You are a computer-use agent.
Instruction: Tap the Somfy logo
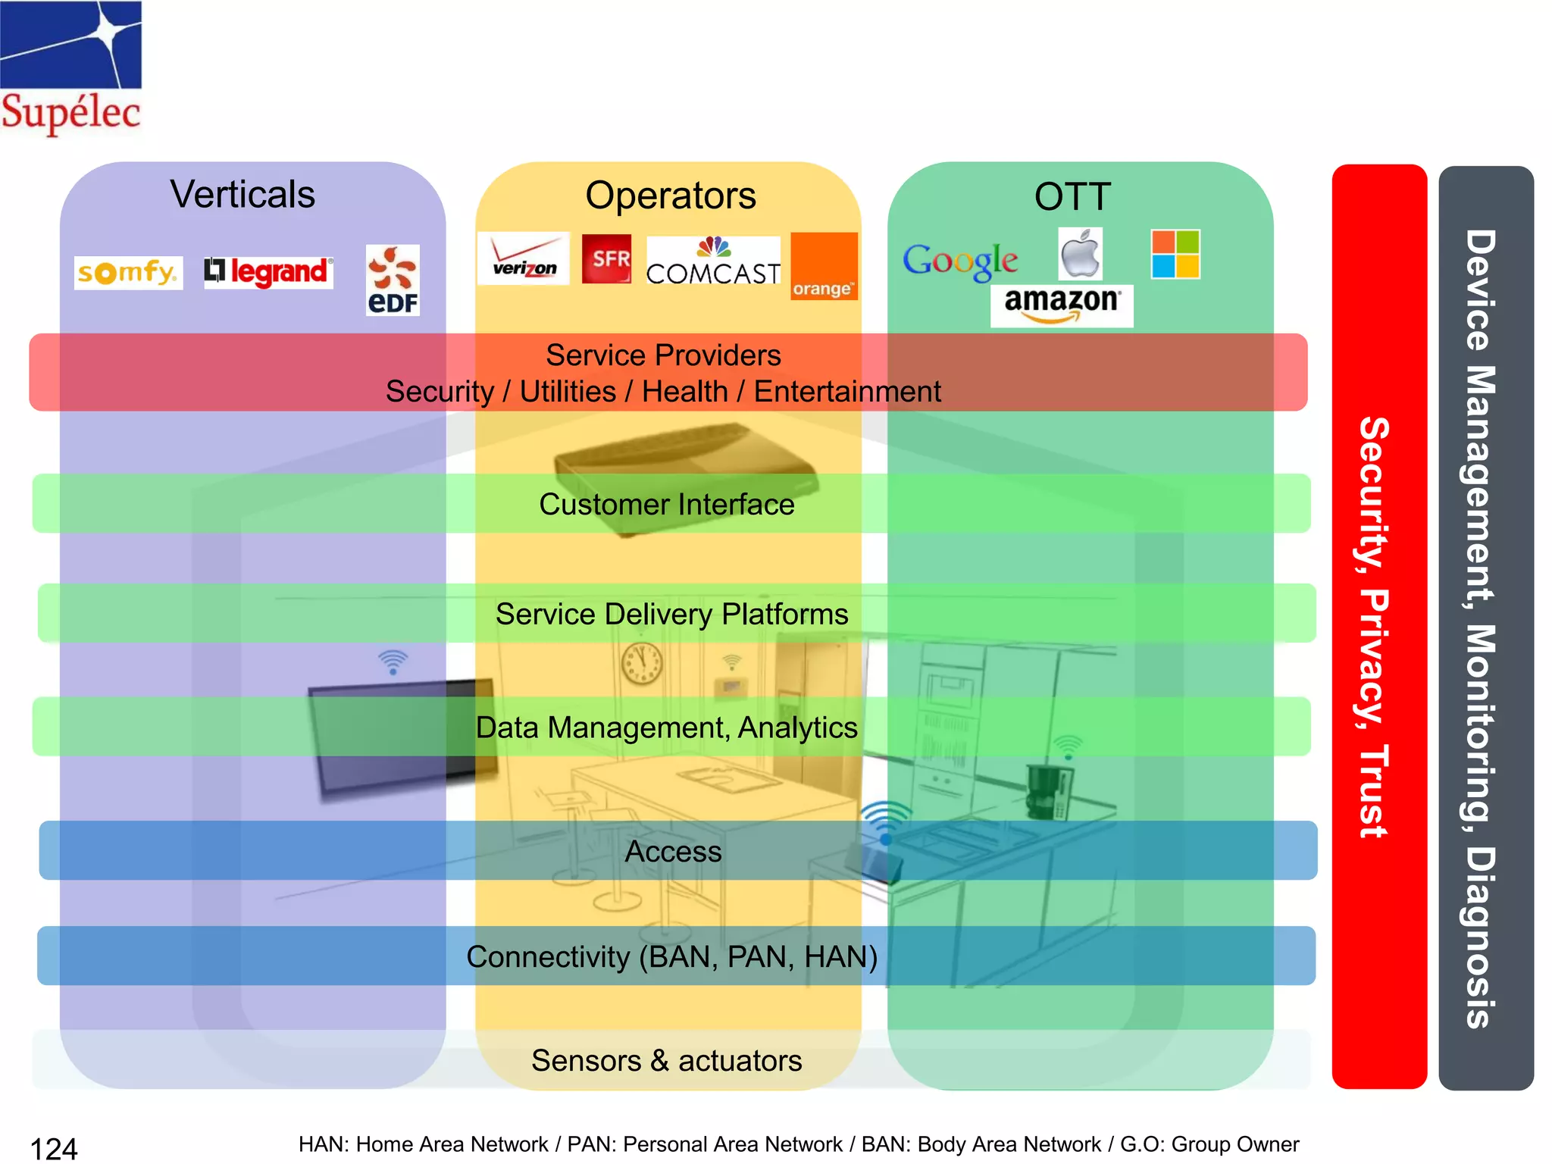(128, 272)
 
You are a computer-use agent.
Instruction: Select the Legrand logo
(268, 272)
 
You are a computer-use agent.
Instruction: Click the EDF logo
(393, 280)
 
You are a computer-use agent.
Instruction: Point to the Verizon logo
(524, 258)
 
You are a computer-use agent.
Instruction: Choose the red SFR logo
(606, 259)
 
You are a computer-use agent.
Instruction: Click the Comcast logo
(713, 261)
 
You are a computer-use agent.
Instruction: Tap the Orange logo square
(824, 266)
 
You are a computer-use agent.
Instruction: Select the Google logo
(960, 261)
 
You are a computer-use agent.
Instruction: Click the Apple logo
(1080, 255)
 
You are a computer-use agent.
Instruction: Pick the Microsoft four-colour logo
(1175, 255)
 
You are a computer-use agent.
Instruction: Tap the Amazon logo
(1061, 305)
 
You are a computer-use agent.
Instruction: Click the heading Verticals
(242, 194)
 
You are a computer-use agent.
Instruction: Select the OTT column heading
(1072, 196)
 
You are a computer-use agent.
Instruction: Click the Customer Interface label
(666, 504)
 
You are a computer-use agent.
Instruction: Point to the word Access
(673, 851)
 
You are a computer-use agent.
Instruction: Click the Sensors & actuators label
(666, 1060)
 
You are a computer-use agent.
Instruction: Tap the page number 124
(54, 1148)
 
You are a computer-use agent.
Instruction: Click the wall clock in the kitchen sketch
(642, 663)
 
